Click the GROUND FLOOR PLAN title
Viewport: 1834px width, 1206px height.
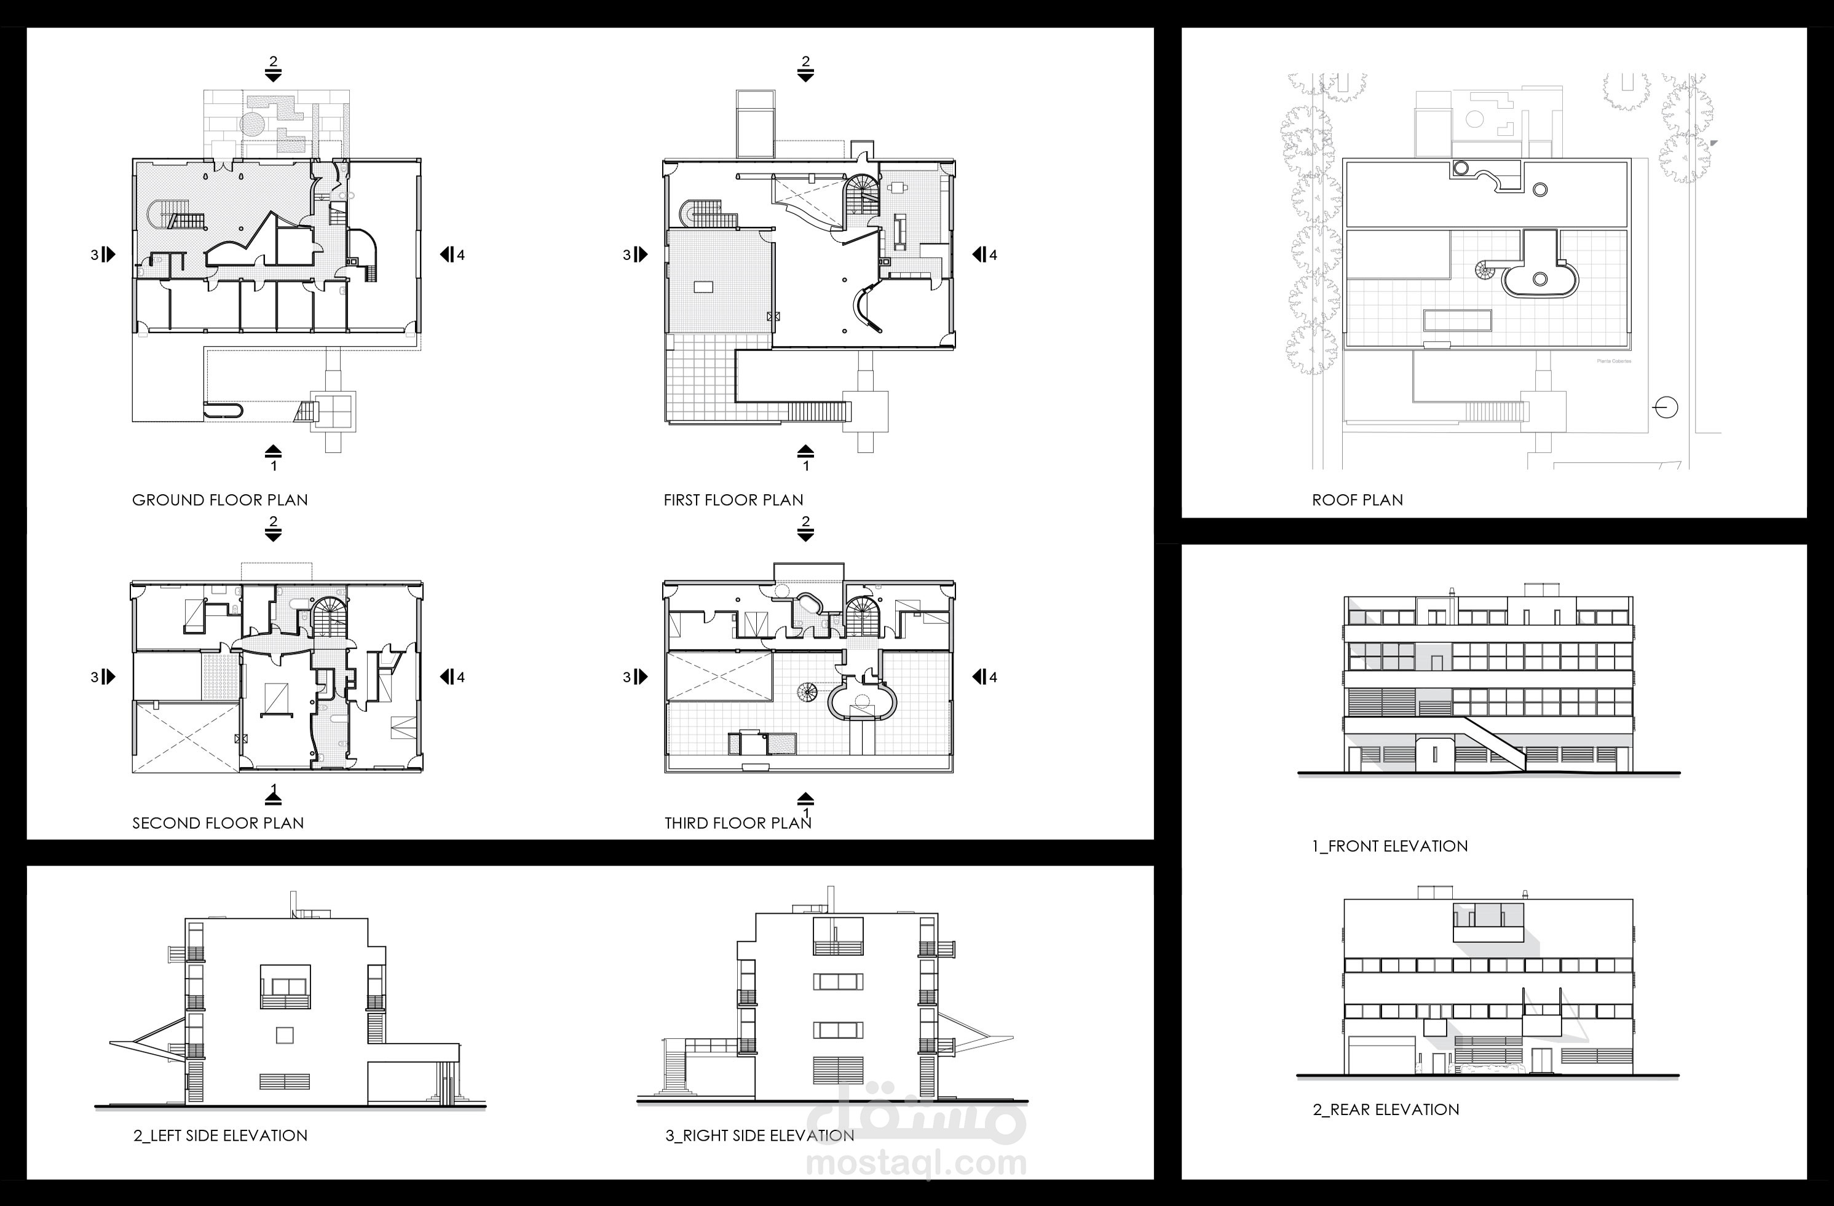point(219,500)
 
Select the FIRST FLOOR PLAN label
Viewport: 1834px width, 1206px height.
point(733,500)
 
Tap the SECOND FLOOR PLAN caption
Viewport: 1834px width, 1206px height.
point(218,823)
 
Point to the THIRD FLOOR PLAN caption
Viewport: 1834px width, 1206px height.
point(738,823)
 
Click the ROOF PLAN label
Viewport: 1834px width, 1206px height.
point(1357,500)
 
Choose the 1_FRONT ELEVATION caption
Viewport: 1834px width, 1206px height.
point(1389,846)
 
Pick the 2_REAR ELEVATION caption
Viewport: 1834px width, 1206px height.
point(1386,1109)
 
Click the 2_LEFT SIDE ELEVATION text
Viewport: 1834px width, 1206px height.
point(219,1136)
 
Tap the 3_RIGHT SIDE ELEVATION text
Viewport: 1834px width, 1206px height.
point(759,1136)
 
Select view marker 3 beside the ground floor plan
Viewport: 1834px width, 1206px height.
point(103,254)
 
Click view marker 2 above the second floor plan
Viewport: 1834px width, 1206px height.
point(273,528)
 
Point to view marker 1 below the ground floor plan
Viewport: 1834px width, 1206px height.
point(273,458)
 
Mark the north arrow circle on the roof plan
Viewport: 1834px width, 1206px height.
point(1666,407)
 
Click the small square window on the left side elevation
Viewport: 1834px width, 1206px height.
point(284,1035)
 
